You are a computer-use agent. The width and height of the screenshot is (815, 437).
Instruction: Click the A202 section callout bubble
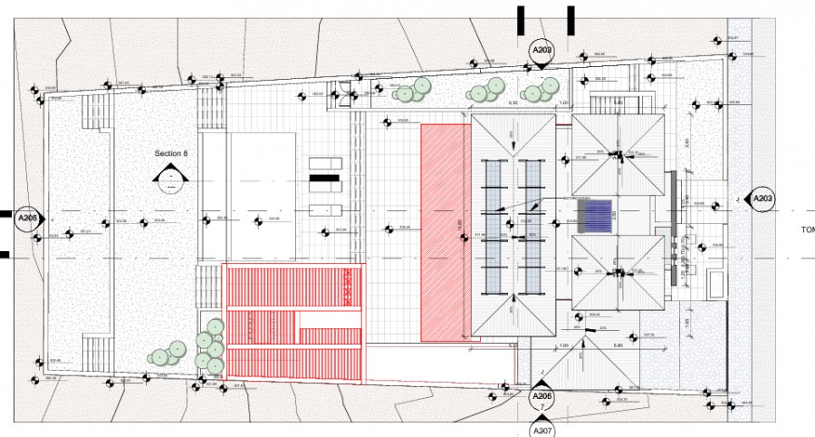click(542, 50)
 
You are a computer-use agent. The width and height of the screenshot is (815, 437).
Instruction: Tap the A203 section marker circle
click(763, 199)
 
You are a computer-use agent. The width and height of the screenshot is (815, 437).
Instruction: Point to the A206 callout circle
click(542, 397)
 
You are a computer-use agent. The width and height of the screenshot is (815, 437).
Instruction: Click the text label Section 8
click(171, 154)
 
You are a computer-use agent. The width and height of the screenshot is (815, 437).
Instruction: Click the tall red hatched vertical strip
click(446, 233)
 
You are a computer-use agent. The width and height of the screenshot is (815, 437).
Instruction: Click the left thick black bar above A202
click(521, 19)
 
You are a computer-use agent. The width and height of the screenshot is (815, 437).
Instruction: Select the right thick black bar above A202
click(570, 19)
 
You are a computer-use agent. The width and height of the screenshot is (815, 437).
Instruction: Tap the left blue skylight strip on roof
click(494, 227)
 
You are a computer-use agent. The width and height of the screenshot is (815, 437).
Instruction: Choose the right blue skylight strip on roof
click(532, 227)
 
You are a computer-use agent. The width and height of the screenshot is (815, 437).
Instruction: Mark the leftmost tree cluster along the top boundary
click(413, 90)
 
